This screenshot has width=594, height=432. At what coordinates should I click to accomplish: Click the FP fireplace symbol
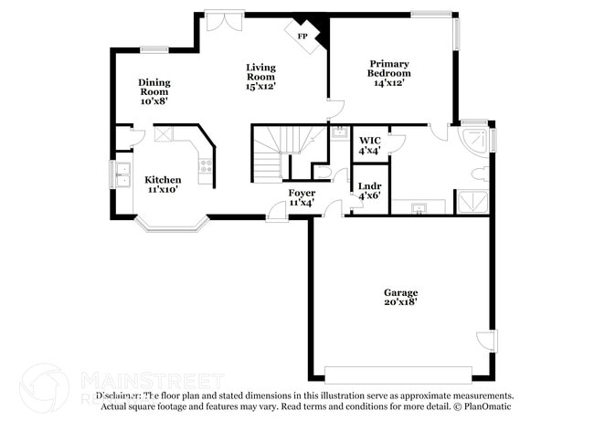pyautogui.click(x=302, y=35)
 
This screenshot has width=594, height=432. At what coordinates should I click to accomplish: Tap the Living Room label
pyautogui.click(x=260, y=77)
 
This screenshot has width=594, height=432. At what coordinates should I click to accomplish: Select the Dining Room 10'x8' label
pyautogui.click(x=154, y=91)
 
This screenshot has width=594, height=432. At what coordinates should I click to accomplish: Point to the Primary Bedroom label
pyautogui.click(x=388, y=73)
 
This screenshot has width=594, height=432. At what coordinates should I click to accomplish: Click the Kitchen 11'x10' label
pyautogui.click(x=163, y=184)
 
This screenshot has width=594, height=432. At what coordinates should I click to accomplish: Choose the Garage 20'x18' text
pyautogui.click(x=400, y=297)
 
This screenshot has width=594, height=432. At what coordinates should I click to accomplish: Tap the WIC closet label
pyautogui.click(x=369, y=145)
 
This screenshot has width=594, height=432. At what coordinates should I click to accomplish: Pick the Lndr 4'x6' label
pyautogui.click(x=369, y=190)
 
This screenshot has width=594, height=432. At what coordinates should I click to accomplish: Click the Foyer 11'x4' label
pyautogui.click(x=302, y=197)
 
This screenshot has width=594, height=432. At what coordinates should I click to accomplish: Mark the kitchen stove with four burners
pyautogui.click(x=206, y=166)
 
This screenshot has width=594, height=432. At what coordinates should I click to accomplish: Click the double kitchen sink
pyautogui.click(x=122, y=173)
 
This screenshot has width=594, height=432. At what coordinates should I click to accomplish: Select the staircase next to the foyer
pyautogui.click(x=279, y=151)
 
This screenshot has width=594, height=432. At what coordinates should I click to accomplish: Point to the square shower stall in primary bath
pyautogui.click(x=472, y=202)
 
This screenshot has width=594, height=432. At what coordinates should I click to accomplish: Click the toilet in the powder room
pyautogui.click(x=323, y=171)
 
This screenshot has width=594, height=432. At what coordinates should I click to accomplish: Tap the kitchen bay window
pyautogui.click(x=171, y=222)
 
